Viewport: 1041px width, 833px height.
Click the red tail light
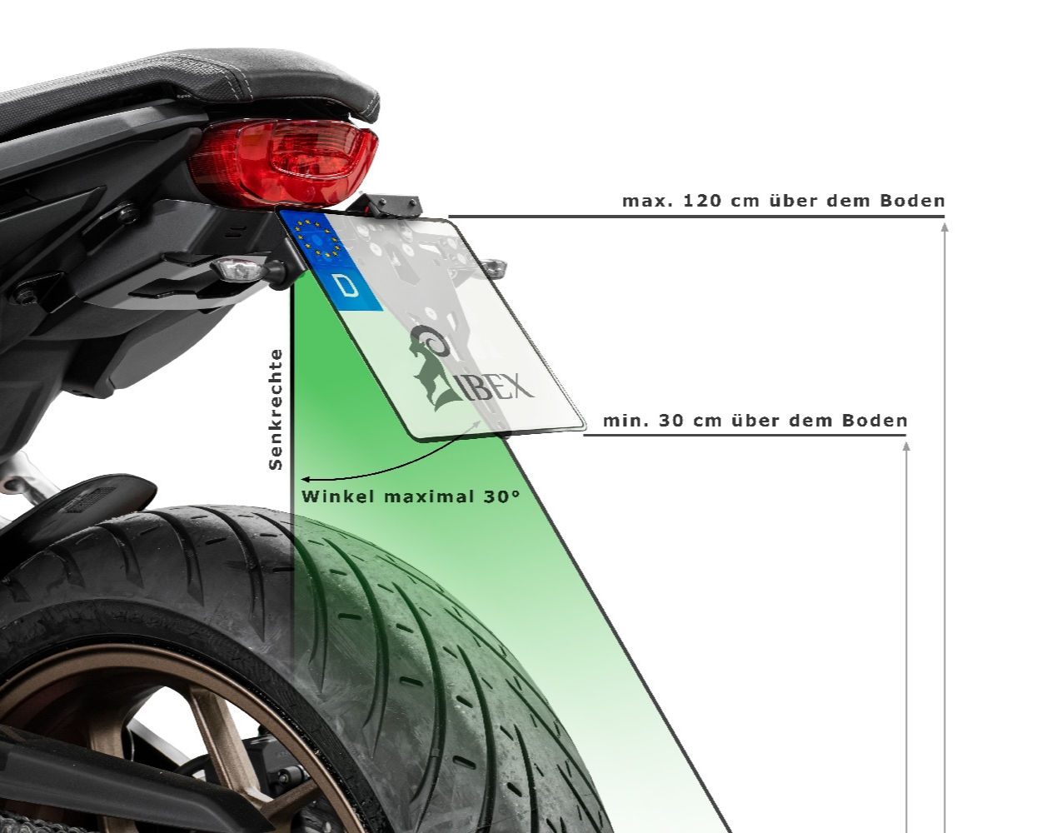285,162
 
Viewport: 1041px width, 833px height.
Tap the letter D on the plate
346,286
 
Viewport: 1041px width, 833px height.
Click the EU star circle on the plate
316,238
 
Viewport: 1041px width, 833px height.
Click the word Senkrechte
276,410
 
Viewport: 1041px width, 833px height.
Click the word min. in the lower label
625,421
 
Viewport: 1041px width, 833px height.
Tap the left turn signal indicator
237,269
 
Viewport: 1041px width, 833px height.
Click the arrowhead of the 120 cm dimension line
944,227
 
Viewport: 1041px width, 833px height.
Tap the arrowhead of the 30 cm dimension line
906,446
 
